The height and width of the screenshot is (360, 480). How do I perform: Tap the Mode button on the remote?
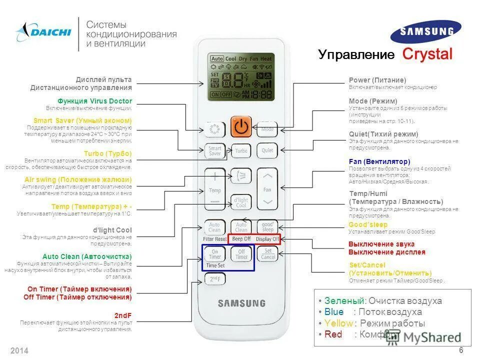click(x=267, y=129)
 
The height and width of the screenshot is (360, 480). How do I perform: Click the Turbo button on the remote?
click(x=241, y=150)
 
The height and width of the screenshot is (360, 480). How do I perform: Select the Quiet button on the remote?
click(x=267, y=150)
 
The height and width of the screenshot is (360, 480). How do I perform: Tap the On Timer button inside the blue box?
click(x=215, y=253)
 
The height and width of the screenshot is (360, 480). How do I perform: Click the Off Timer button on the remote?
click(x=241, y=253)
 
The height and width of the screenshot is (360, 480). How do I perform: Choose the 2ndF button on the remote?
click(x=215, y=279)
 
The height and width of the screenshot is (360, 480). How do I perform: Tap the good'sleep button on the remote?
click(x=267, y=227)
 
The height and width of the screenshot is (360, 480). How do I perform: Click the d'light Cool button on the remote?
click(x=241, y=202)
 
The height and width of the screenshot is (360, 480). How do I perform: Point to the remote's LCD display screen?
click(x=241, y=76)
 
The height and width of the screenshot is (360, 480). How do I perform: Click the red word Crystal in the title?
click(x=427, y=54)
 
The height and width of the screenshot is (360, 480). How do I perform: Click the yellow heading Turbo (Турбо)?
click(x=108, y=153)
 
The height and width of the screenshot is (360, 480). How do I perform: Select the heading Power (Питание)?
click(x=377, y=80)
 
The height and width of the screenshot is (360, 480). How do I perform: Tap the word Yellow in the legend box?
click(x=338, y=323)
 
